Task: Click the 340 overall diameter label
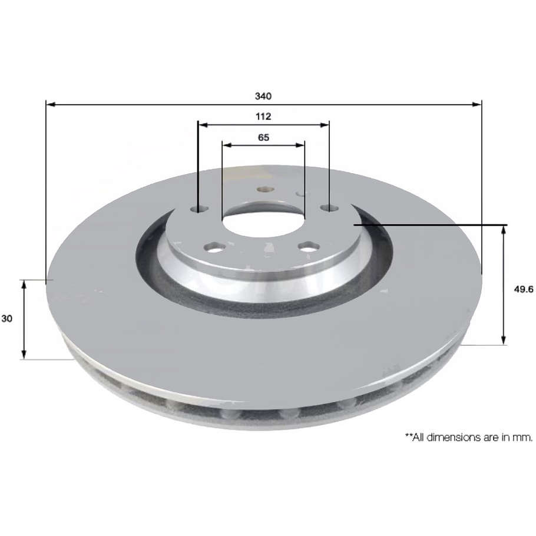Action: (x=263, y=95)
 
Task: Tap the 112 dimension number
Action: (x=263, y=116)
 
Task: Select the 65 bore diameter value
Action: (x=263, y=137)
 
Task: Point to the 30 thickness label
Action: (x=8, y=319)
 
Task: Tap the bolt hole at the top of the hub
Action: (x=264, y=190)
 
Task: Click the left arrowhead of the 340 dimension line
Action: (x=50, y=104)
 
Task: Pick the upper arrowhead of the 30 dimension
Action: (x=24, y=284)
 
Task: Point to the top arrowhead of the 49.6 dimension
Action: (x=504, y=229)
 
